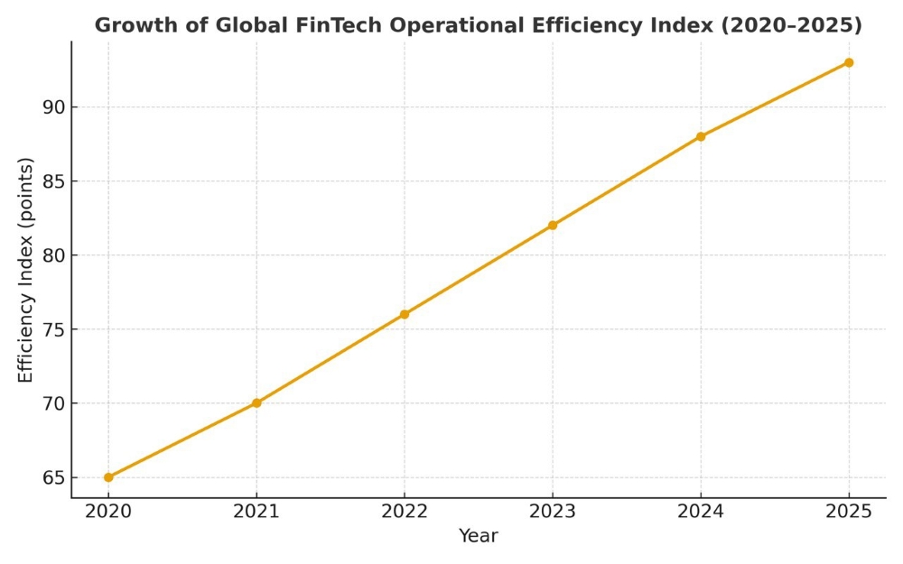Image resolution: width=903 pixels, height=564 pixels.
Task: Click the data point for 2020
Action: coord(108,477)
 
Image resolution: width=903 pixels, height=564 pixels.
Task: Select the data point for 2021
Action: coord(256,403)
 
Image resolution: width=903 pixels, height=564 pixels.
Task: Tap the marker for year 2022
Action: coord(405,314)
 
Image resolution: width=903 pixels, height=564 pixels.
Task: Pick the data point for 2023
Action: coord(553,226)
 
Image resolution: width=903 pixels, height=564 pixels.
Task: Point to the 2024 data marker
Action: coord(701,136)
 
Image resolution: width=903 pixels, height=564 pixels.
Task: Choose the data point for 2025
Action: coord(849,62)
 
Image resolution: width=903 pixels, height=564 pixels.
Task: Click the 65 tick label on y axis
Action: coord(53,477)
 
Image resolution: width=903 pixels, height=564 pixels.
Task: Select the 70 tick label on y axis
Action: coord(53,403)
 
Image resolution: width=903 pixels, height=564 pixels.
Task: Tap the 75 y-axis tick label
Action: coord(53,329)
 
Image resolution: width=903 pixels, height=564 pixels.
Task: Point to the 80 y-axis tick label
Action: coord(53,255)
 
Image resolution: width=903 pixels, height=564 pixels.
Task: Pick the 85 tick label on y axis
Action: coord(53,181)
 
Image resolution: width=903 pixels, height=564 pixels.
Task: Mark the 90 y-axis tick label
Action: coord(53,107)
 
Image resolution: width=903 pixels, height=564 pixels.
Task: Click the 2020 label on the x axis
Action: coord(108,512)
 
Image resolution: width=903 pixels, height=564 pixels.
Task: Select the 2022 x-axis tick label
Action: coord(405,512)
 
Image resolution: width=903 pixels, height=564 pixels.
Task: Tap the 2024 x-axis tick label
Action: coord(701,512)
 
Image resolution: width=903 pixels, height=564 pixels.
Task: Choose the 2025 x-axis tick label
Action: coord(849,512)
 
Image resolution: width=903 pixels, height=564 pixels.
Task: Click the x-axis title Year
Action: coord(478,536)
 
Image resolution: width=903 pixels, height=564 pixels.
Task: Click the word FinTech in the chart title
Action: coord(343,25)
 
